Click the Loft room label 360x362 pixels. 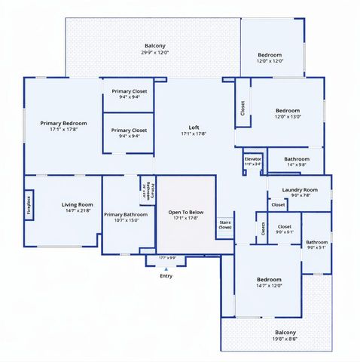[x=194, y=127]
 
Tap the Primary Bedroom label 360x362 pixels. [x=64, y=123]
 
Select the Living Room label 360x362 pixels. [x=77, y=204]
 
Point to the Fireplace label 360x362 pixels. [x=29, y=207]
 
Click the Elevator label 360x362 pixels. [x=253, y=158]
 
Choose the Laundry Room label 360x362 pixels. [x=300, y=190]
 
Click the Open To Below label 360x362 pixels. [x=186, y=213]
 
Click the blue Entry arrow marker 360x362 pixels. [x=166, y=268]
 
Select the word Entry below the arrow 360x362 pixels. [x=166, y=276]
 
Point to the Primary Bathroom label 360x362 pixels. [x=126, y=214]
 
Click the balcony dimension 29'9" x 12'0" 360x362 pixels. [x=155, y=53]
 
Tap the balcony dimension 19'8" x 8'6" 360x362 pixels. [x=285, y=339]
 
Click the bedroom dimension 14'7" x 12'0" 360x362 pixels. [x=269, y=285]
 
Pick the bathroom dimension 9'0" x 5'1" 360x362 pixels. [x=317, y=248]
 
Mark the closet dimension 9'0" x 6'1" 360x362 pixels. [x=284, y=232]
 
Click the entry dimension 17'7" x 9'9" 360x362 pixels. [x=167, y=258]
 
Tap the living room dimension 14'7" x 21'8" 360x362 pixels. [x=77, y=210]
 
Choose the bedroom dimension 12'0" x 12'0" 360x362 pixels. [x=270, y=61]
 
